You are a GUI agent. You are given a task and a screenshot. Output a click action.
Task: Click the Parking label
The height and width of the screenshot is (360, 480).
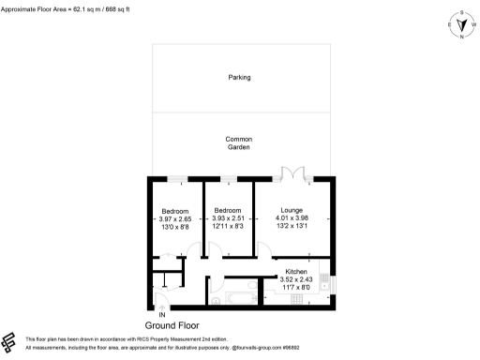tap(239, 78)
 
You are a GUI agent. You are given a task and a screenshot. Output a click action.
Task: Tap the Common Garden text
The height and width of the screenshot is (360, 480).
tap(239, 143)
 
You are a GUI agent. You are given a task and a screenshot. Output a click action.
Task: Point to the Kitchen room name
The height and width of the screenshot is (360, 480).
tap(296, 273)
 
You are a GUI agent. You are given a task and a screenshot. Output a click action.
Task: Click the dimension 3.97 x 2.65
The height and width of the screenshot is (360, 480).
tap(174, 218)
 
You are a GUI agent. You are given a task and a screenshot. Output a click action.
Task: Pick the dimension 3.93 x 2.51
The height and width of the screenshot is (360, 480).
tap(229, 218)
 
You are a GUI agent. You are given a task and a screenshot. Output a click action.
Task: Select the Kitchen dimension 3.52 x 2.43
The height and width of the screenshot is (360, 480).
tap(296, 280)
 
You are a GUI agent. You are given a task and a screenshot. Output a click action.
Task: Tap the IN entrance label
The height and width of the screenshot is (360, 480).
tap(161, 314)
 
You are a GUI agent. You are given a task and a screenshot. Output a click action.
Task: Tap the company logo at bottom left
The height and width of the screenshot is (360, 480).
tap(9, 341)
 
